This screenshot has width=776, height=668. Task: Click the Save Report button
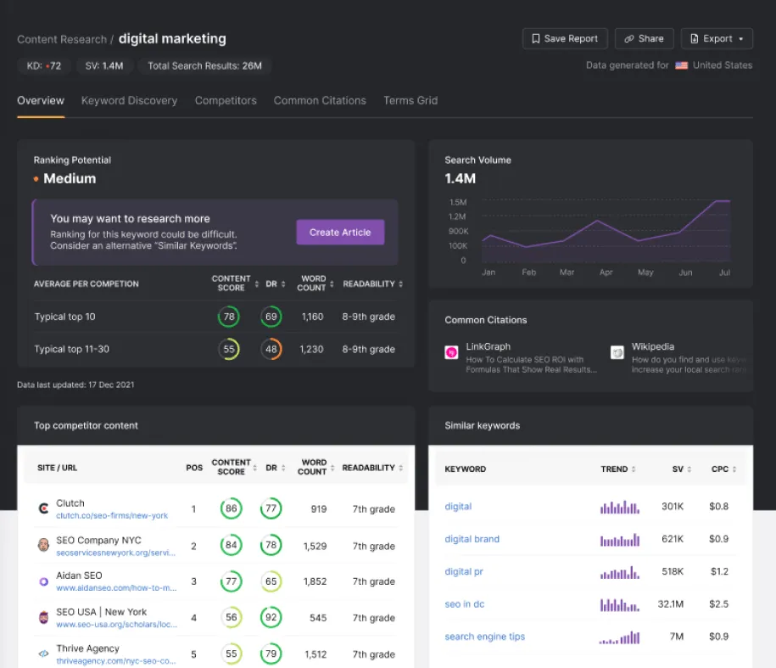[565, 39]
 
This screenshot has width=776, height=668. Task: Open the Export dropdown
[717, 39]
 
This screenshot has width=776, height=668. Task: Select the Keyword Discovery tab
[129, 100]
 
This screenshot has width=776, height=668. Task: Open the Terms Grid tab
[410, 100]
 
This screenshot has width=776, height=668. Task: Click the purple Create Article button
[340, 233]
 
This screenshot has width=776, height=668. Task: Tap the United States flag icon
[681, 65]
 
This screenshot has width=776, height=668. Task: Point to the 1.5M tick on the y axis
[458, 202]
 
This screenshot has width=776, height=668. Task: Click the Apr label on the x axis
[606, 272]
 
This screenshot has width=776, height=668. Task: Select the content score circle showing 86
[229, 509]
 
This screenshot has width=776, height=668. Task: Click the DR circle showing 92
[271, 617]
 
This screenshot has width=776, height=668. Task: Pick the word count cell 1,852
[313, 581]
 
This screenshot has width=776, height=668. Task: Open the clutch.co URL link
[112, 516]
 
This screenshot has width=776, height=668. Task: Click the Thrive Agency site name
[88, 648]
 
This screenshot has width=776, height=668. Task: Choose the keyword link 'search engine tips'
[485, 637]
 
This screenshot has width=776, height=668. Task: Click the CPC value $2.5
[718, 604]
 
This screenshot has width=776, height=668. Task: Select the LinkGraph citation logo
[452, 352]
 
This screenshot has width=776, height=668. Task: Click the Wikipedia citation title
[653, 346]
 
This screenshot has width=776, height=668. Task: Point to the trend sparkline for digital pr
[620, 572]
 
